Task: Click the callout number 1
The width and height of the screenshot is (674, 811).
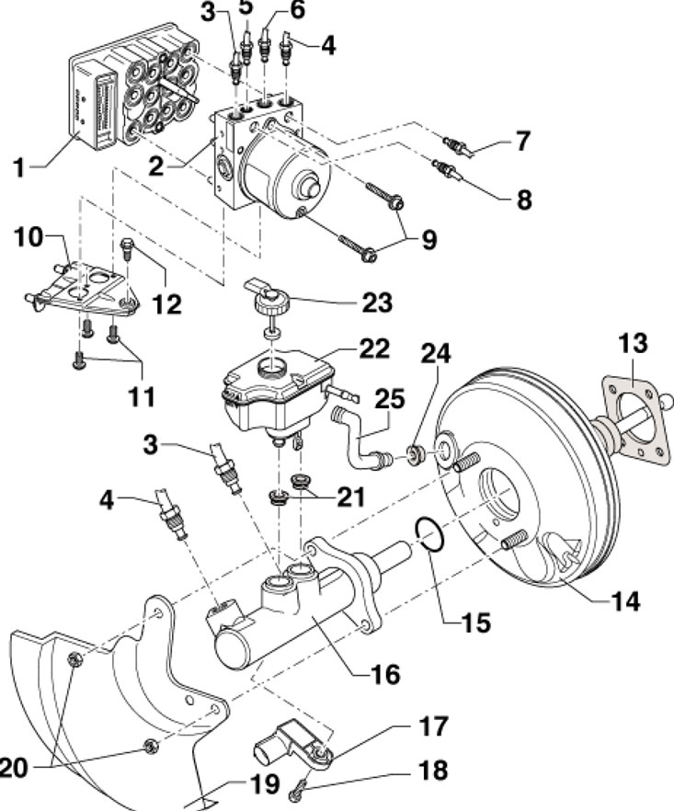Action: (19, 168)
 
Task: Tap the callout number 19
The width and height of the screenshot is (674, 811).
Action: (264, 784)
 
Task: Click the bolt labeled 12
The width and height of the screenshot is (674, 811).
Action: (127, 248)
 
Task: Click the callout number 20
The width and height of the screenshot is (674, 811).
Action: (13, 768)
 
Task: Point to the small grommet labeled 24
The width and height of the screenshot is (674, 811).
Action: (415, 454)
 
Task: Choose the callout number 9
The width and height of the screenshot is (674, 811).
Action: (429, 240)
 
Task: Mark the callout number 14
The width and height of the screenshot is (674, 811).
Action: (626, 601)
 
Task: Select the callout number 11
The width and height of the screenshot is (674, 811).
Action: (142, 397)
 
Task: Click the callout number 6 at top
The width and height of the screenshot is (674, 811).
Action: (297, 10)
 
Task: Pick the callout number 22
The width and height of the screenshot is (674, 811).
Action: (374, 349)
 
